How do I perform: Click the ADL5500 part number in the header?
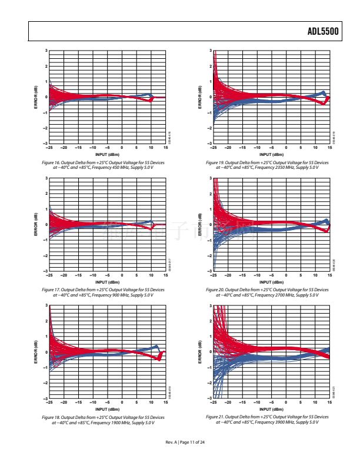[323, 33]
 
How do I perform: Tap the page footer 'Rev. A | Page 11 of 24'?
[180, 442]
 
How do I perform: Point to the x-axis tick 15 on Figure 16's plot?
[165, 148]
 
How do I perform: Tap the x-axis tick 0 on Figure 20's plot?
[286, 275]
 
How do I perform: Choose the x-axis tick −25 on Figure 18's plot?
[49, 402]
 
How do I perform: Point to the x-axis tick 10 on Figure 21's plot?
[315, 402]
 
